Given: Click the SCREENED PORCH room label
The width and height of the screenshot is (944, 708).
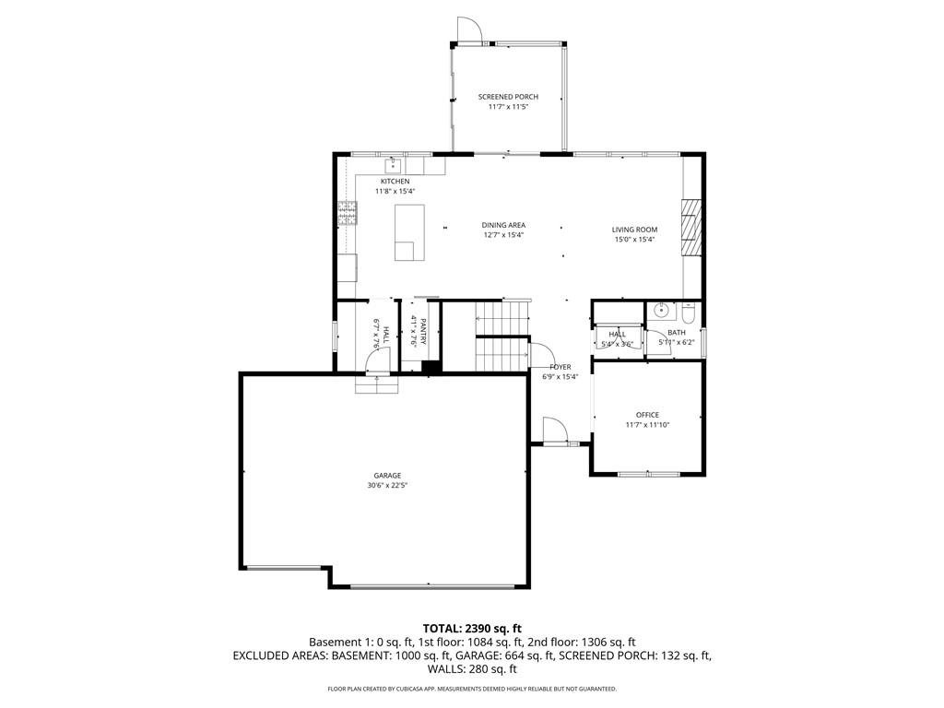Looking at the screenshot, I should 508,97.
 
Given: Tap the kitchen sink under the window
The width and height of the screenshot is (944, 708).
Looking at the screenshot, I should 392,166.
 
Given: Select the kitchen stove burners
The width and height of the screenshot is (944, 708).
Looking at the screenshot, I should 348,214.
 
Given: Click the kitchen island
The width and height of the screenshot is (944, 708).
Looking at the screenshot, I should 408,232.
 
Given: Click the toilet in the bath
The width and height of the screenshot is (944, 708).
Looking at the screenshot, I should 688,311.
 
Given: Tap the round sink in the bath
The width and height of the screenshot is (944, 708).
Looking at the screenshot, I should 659,311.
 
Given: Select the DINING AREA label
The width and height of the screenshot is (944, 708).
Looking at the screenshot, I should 503,225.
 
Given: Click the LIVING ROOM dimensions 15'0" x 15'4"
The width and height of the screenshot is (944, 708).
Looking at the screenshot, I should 634,240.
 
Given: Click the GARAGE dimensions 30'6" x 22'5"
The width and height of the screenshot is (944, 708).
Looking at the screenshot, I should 387,486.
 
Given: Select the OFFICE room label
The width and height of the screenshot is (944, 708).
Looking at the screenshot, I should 647,415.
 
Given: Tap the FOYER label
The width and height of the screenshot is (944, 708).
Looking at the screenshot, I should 560,367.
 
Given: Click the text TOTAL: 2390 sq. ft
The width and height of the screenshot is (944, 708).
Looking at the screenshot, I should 472,628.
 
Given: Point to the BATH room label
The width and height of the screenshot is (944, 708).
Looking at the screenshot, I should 677,333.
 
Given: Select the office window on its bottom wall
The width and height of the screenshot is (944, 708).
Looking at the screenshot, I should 648,474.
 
